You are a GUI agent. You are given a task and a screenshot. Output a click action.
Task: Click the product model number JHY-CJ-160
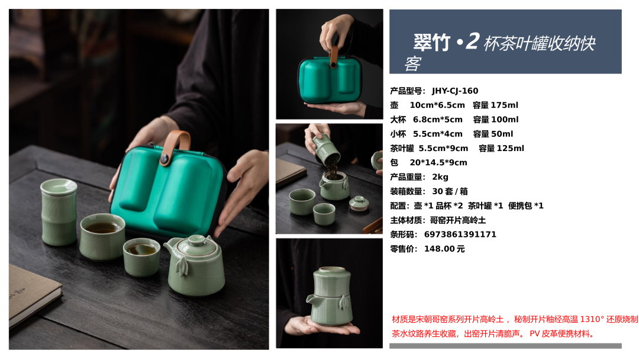pos(455,91)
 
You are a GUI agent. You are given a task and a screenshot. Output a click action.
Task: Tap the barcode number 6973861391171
pos(460,234)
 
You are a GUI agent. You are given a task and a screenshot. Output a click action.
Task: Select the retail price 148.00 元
pos(444,249)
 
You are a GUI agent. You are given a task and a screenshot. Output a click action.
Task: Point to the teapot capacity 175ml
pos(505,105)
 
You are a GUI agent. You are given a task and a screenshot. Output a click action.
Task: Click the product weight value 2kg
pos(440,177)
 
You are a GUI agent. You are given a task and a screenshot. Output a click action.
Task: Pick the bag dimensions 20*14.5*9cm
pos(438,163)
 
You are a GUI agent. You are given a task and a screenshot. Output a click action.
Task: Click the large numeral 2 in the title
pos(473,41)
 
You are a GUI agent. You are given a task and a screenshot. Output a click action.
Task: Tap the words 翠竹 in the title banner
pos(431,43)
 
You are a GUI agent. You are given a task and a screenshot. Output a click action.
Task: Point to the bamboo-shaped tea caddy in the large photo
pos(59,213)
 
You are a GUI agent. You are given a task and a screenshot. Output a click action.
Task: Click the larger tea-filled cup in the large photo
pos(102,236)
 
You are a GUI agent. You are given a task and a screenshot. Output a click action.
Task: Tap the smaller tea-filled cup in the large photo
pos(141,257)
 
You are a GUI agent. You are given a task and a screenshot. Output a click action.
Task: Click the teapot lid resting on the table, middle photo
pos(359,203)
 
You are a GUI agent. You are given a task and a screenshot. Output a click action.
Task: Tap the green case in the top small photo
pos(330,79)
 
